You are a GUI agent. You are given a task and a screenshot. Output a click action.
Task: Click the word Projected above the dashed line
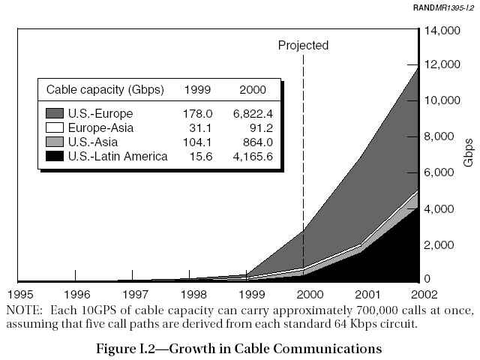click(x=303, y=46)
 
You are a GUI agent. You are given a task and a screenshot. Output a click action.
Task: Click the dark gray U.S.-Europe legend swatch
click(x=55, y=113)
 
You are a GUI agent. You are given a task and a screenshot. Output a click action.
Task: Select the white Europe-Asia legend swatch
click(x=55, y=127)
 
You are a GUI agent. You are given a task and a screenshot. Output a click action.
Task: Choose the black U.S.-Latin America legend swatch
click(x=55, y=156)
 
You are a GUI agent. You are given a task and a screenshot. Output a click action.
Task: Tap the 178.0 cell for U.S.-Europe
click(x=198, y=113)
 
